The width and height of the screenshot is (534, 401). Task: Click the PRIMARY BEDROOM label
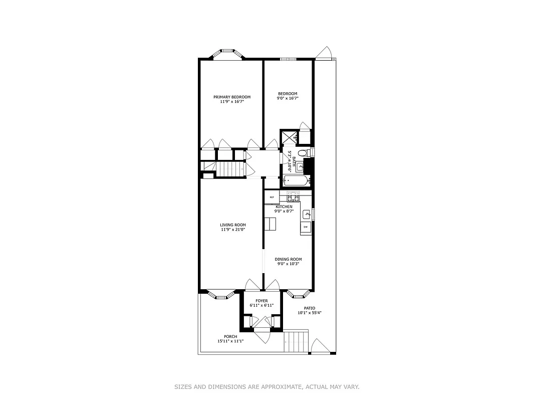point(232,97)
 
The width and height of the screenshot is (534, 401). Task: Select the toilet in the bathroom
point(303,153)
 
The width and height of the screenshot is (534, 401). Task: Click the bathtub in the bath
point(296,181)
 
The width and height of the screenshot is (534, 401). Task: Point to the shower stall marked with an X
point(289,137)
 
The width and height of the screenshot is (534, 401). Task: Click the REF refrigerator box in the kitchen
point(272,197)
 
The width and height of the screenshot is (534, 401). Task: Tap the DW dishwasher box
point(305,228)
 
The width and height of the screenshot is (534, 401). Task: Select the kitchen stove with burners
point(293,197)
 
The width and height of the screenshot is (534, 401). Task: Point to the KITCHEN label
point(284,207)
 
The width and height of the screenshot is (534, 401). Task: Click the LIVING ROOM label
point(233,225)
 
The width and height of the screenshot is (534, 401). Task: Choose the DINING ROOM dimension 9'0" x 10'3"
point(288,264)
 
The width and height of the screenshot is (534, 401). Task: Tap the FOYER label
point(261,300)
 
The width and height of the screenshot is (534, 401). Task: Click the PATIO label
point(309,308)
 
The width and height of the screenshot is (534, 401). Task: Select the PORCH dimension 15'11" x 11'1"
point(230,341)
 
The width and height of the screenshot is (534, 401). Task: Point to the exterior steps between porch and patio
point(296,341)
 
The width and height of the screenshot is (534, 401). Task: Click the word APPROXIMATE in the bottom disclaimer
point(281,387)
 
